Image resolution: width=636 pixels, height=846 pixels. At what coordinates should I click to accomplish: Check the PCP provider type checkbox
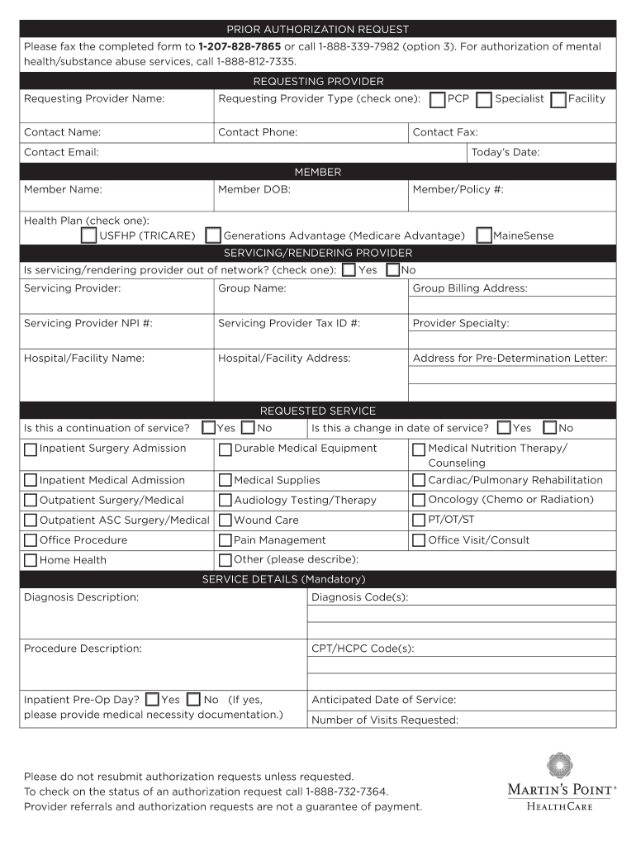[438, 100]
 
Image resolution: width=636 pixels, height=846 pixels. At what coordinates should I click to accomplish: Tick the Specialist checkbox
[484, 100]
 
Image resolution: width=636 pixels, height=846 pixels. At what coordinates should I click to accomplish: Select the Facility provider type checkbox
[558, 100]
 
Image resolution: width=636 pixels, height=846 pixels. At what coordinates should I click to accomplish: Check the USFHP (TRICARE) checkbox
[88, 235]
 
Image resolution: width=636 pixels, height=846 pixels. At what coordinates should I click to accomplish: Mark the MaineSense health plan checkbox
[484, 235]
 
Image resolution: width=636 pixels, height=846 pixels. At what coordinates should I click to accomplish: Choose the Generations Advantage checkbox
[213, 235]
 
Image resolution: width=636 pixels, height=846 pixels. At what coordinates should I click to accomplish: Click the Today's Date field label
[505, 152]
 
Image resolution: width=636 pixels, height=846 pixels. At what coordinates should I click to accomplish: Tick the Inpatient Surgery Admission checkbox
[31, 449]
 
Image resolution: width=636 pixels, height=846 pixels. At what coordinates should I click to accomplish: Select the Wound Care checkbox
[225, 520]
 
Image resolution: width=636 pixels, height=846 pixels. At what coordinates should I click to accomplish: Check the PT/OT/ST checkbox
[419, 520]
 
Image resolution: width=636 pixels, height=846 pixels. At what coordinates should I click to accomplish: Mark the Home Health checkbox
[31, 560]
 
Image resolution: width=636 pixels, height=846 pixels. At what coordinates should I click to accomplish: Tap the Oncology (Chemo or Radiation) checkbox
[419, 500]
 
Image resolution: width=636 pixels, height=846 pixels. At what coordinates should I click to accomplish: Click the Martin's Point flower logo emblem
[559, 766]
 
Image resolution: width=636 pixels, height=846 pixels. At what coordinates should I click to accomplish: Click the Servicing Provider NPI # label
[88, 323]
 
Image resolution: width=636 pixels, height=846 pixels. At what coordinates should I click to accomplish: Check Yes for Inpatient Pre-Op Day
[152, 700]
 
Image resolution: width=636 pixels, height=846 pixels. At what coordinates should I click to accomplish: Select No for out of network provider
[393, 270]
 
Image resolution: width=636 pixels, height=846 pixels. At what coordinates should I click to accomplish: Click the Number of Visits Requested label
[384, 720]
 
